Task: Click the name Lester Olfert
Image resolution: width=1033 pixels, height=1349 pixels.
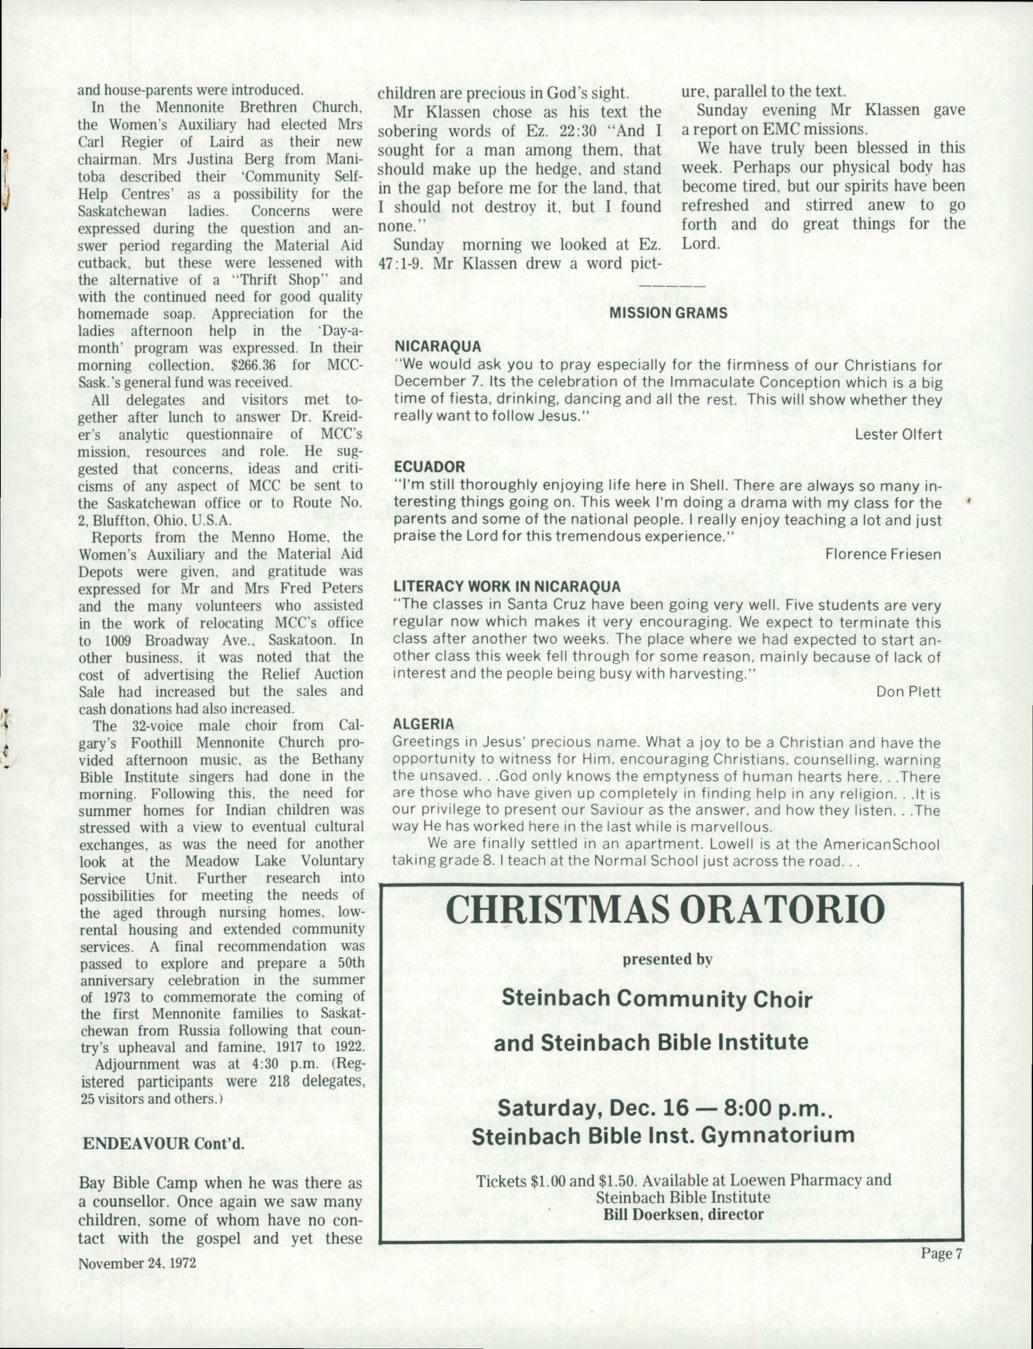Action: coord(898,434)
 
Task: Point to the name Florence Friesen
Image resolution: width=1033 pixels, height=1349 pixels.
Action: coord(883,554)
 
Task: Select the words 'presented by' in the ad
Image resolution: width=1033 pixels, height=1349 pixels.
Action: coord(667,959)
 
